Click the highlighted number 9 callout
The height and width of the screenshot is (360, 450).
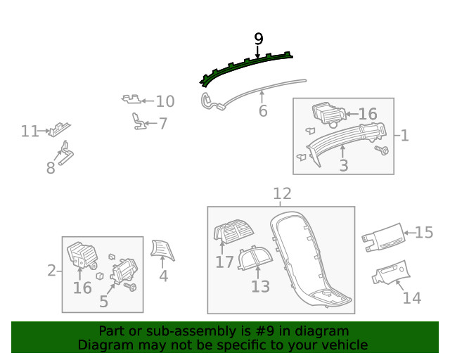click(x=258, y=39)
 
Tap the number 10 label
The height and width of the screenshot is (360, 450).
click(x=165, y=101)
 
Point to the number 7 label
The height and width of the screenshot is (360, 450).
click(x=163, y=124)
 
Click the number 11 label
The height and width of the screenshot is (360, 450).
click(x=30, y=131)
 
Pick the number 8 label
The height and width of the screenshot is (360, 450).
click(x=51, y=168)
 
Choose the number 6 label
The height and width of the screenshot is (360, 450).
click(x=263, y=111)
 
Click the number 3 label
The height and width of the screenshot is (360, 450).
click(x=344, y=166)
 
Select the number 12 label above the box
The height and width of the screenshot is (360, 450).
click(x=282, y=194)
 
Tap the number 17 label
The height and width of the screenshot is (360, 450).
click(x=224, y=262)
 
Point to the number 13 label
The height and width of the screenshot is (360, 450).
click(x=261, y=286)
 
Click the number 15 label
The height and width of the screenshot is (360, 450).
click(x=424, y=233)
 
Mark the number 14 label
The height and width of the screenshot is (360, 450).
click(x=412, y=298)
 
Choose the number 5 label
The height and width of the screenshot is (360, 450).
click(x=103, y=302)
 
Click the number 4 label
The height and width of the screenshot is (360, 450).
click(x=163, y=276)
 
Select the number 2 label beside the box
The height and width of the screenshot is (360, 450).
click(x=51, y=271)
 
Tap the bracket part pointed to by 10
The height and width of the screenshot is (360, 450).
click(x=131, y=99)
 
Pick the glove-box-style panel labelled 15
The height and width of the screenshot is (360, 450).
click(x=383, y=238)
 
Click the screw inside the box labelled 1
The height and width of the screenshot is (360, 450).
click(x=382, y=150)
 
